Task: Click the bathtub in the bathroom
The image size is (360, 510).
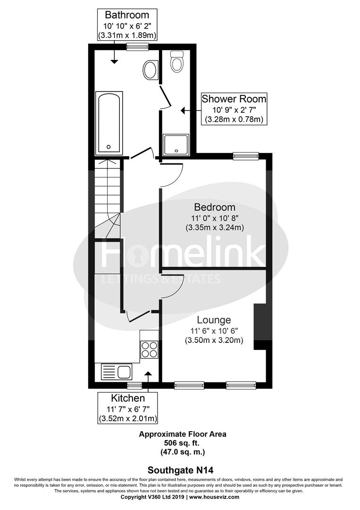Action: pos(109,123)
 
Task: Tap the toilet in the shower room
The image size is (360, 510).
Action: pos(177,62)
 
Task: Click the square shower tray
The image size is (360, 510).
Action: pos(176,144)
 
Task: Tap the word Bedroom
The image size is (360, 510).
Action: pos(215,207)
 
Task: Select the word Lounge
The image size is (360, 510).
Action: pos(214,320)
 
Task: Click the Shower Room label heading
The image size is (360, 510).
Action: pos(234,99)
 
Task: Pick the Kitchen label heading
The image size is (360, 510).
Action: pos(127,398)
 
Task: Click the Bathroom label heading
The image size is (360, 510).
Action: pos(127,15)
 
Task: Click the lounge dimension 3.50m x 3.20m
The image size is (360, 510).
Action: pos(214,340)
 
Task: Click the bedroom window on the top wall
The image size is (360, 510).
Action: pos(246,155)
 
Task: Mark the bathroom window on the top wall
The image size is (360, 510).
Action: pos(137,46)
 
